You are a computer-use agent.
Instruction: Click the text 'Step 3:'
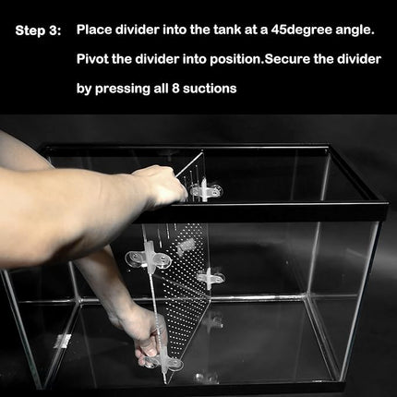[x=38, y=30]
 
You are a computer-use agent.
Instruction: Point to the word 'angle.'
[x=360, y=30]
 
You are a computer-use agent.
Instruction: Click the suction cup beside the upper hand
[x=205, y=190]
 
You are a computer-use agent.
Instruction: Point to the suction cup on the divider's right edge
[x=211, y=275]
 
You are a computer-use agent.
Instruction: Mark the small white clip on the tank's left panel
[x=63, y=341]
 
